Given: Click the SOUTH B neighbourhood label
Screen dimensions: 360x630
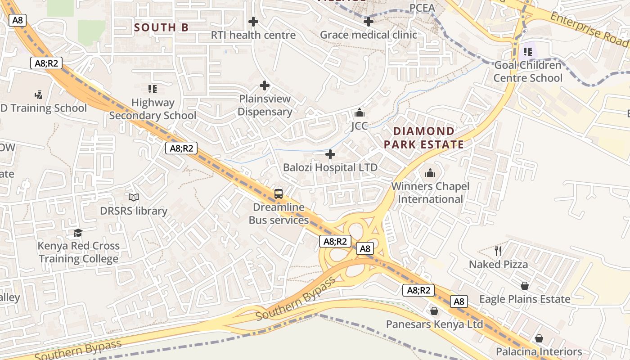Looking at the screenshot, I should click(161, 27).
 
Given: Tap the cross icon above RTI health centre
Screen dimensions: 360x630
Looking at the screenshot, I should click(253, 21).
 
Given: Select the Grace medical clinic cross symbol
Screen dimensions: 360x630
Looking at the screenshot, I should click(369, 21).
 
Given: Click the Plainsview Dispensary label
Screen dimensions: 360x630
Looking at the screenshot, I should click(265, 105).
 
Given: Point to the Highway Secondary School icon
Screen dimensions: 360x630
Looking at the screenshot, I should click(153, 89).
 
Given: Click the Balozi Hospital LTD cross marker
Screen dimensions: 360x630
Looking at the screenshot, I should click(330, 154).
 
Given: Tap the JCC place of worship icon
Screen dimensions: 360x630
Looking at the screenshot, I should click(360, 112).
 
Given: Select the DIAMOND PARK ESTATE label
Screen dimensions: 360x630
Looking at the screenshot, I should click(423, 138).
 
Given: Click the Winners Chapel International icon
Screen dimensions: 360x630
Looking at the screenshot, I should click(430, 173).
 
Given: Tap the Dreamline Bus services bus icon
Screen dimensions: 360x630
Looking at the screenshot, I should click(279, 194).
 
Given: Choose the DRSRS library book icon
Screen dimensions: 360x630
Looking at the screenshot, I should click(134, 197).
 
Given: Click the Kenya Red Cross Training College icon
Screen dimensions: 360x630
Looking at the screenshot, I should click(78, 233).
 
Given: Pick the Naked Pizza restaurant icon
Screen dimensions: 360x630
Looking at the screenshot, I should click(498, 251).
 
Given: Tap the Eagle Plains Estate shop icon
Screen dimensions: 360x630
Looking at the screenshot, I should click(525, 286).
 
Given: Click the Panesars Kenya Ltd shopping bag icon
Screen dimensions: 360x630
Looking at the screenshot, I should click(434, 311).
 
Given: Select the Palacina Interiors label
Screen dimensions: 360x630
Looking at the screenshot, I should click(539, 351).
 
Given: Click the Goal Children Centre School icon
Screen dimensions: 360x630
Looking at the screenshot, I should click(528, 52).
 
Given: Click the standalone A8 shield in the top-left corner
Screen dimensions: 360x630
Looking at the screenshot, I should click(18, 20).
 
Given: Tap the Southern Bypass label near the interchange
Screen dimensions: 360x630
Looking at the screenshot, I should click(296, 299).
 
